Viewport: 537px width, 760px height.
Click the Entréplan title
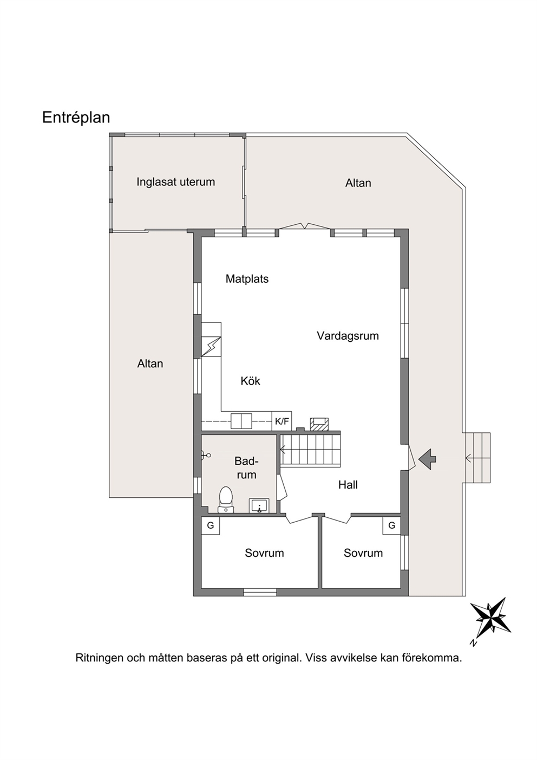pyautogui.click(x=76, y=118)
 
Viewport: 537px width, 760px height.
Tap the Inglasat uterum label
pyautogui.click(x=175, y=182)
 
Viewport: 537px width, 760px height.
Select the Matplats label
pyautogui.click(x=247, y=279)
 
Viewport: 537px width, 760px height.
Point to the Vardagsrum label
pyautogui.click(x=348, y=336)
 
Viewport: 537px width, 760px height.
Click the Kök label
pyautogui.click(x=251, y=381)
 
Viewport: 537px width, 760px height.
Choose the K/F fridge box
pyautogui.click(x=281, y=421)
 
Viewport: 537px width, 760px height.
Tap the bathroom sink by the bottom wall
pyautogui.click(x=259, y=505)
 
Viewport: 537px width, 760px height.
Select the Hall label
pyautogui.click(x=348, y=485)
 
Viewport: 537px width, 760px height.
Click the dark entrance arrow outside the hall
pyautogui.click(x=427, y=459)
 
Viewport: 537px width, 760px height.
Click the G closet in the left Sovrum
pyautogui.click(x=211, y=526)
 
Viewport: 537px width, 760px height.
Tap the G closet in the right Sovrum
pyautogui.click(x=391, y=526)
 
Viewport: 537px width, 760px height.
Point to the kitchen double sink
pyautogui.click(x=241, y=421)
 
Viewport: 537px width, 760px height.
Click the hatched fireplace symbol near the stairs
pyautogui.click(x=319, y=424)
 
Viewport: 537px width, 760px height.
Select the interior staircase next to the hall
pyautogui.click(x=310, y=450)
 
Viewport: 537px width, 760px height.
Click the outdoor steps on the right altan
pyautogui.click(x=477, y=458)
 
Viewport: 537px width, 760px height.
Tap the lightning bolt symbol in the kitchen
pyautogui.click(x=211, y=346)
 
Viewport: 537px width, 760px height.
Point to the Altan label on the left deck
pyautogui.click(x=150, y=363)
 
